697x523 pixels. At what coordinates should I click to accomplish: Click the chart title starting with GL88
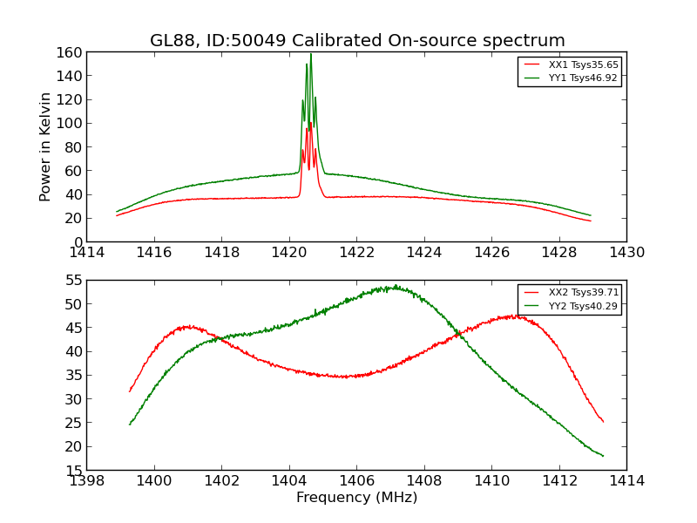click(357, 41)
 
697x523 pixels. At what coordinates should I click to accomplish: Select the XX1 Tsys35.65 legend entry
click(583, 65)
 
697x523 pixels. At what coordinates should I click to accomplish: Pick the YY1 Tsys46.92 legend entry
click(583, 78)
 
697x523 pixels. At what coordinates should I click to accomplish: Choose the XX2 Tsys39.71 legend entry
click(583, 293)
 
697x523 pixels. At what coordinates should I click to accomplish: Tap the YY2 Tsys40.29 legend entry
click(583, 306)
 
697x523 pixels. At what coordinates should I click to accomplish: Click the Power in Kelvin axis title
click(45, 146)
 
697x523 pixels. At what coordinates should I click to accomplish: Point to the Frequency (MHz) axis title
click(356, 498)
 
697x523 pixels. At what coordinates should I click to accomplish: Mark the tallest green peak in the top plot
click(310, 55)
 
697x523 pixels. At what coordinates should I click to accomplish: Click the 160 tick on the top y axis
click(71, 52)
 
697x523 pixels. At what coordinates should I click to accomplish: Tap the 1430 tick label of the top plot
click(626, 253)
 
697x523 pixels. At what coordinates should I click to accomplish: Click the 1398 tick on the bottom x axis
click(87, 481)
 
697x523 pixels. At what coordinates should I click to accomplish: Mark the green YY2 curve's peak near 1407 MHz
click(395, 286)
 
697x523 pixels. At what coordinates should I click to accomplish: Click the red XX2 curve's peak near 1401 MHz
click(187, 327)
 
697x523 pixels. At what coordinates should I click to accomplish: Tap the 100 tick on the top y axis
click(71, 123)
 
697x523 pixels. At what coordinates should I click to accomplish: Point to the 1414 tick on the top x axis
click(87, 253)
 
